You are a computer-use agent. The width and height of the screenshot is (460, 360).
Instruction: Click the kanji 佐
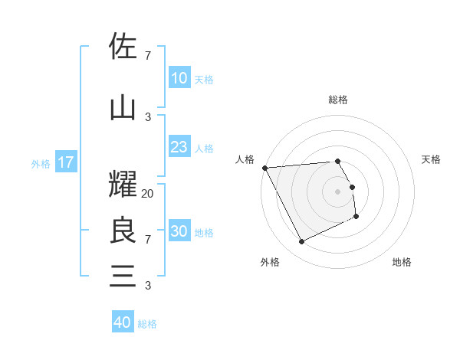(123, 47)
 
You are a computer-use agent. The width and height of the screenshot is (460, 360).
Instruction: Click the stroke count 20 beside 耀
(148, 194)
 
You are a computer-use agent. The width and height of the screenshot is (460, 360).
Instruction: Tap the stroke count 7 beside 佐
(148, 56)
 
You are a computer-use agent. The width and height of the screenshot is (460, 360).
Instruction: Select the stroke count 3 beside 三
(148, 286)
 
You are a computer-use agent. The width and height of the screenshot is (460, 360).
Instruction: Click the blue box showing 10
(179, 78)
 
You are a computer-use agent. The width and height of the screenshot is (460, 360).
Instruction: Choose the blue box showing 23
(179, 147)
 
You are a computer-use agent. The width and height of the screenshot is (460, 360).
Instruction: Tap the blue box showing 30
(179, 231)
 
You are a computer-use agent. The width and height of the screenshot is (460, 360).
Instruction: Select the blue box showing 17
(65, 162)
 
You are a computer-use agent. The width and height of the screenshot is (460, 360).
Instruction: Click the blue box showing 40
(123, 322)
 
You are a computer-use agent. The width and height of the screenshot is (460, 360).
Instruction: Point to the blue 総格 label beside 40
(147, 324)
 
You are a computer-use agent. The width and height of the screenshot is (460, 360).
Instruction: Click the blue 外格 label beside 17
(41, 163)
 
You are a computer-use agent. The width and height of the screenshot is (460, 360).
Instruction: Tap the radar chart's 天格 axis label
(432, 159)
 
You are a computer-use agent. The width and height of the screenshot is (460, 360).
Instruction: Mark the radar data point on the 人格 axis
(264, 167)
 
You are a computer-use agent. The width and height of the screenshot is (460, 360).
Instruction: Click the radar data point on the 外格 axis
(301, 242)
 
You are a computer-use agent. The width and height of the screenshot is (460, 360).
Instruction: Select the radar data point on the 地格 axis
(356, 217)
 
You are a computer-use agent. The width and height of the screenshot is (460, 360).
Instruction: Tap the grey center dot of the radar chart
(338, 191)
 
